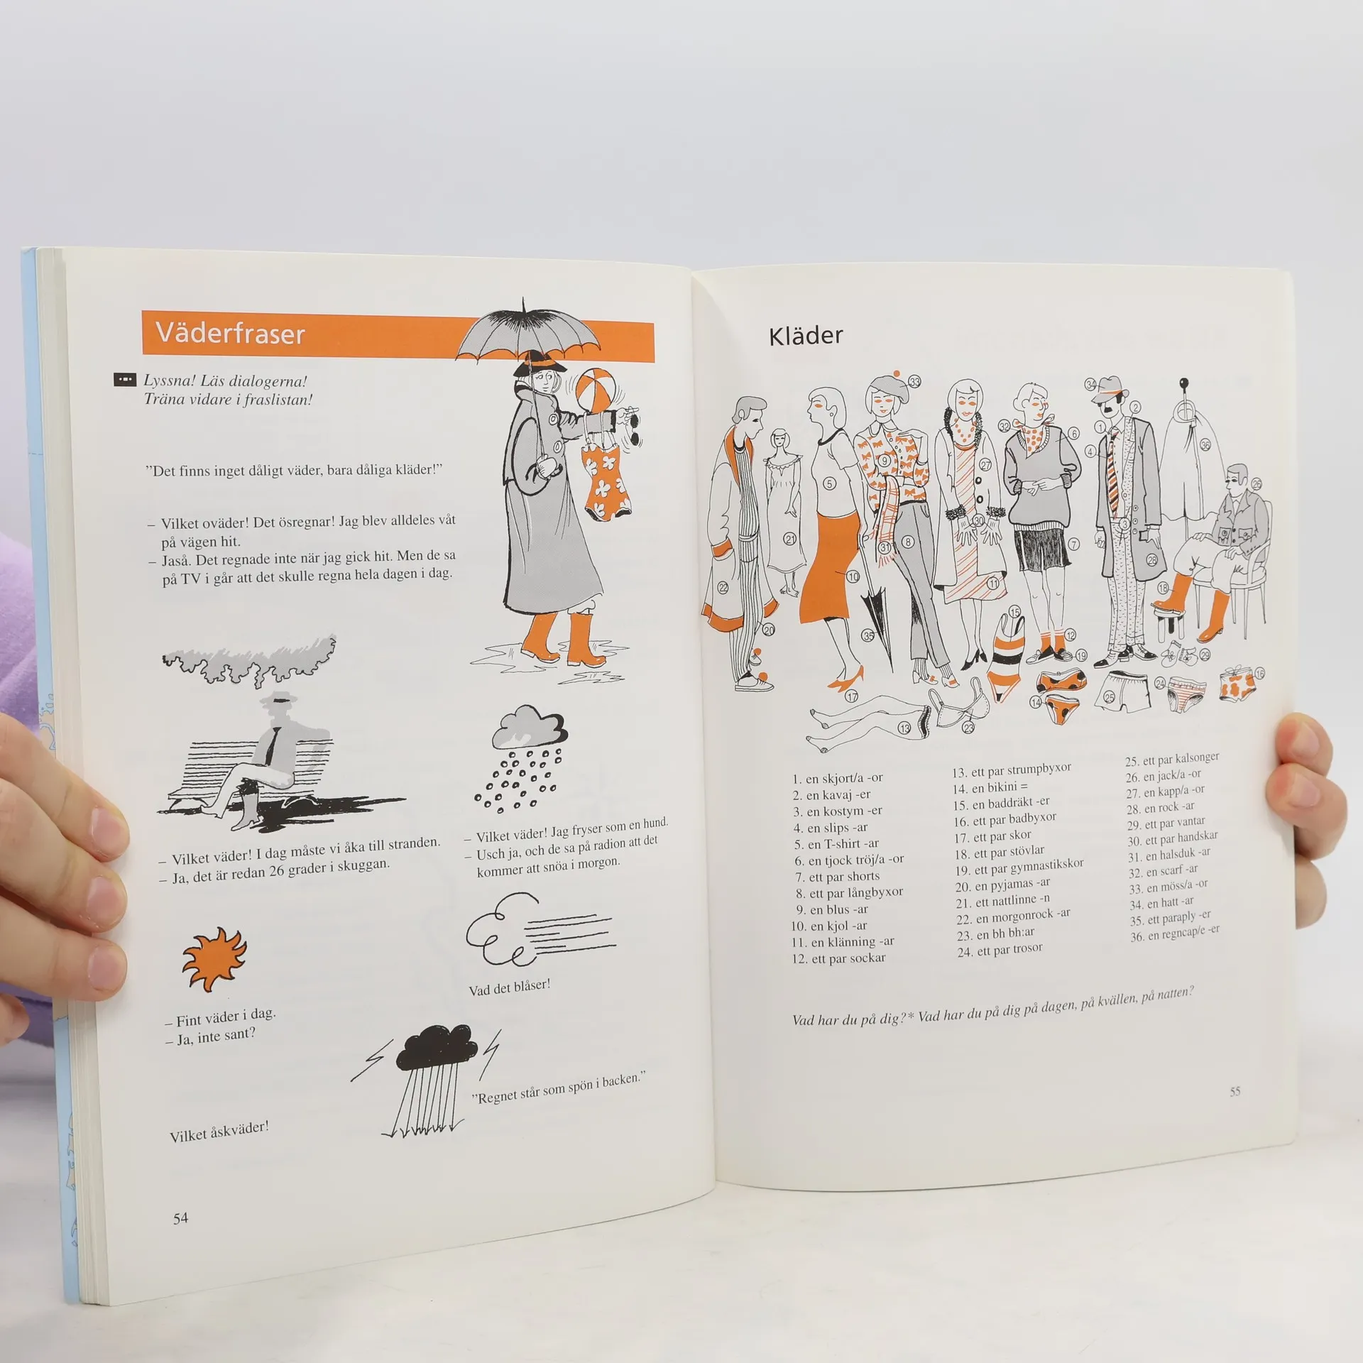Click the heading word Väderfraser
231,333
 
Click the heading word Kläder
806,336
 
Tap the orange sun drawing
214,959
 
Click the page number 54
181,1218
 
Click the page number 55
1235,1091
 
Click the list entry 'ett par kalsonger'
1172,760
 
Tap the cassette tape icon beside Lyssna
124,381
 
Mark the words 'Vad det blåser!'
509,987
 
